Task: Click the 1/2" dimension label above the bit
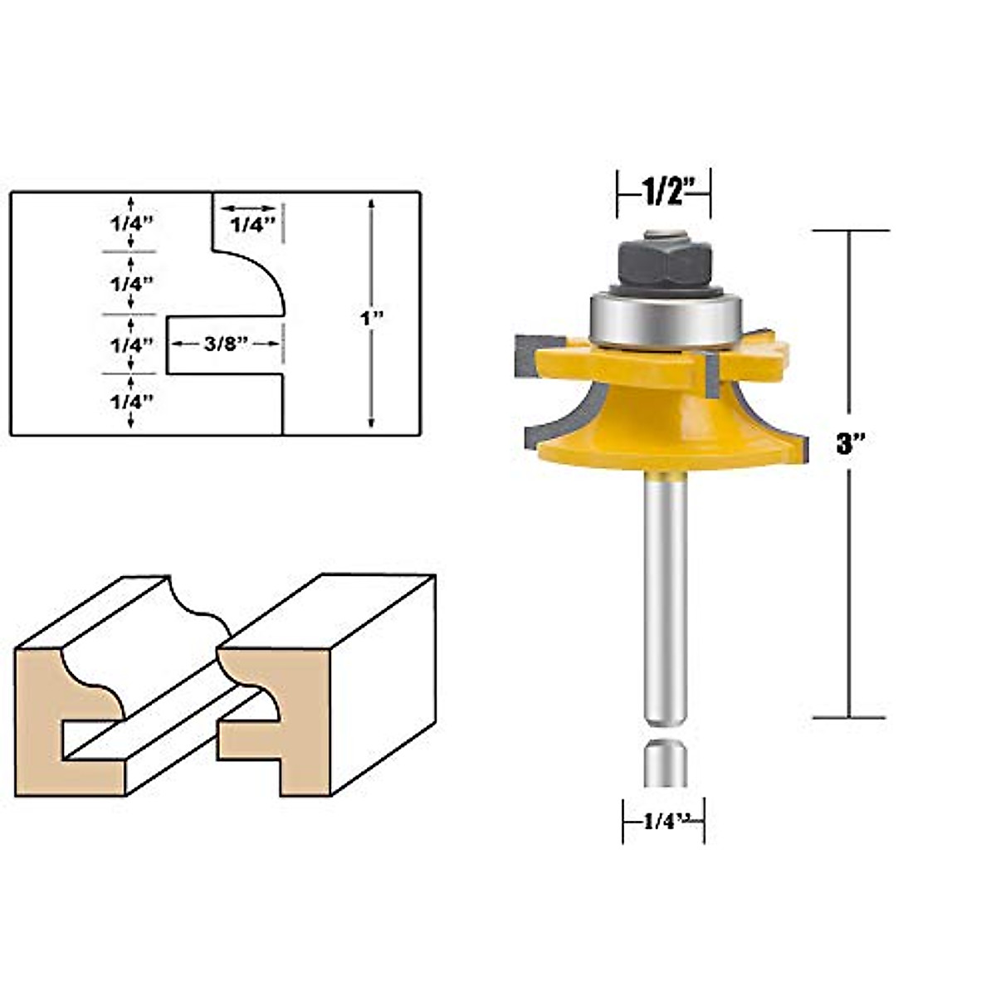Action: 662,193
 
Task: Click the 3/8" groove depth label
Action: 227,344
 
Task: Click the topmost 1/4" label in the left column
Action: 131,222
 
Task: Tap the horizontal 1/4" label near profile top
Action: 251,224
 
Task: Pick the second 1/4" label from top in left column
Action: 131,283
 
